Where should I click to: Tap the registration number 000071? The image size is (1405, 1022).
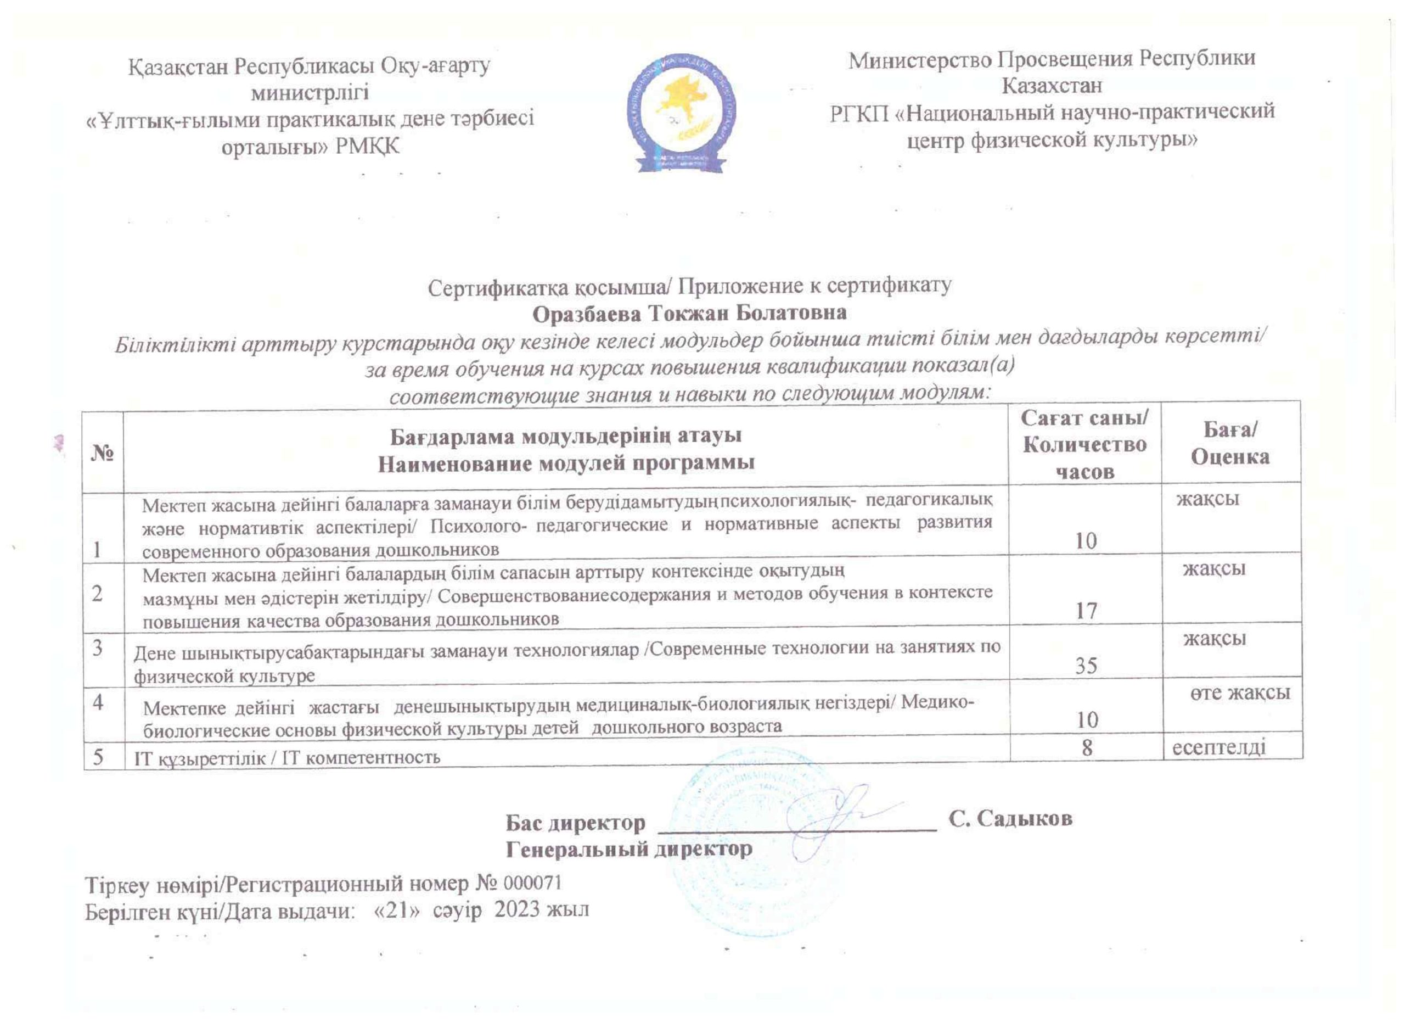533,882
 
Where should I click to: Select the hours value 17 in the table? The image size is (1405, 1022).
1086,612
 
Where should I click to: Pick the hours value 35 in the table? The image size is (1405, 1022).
1086,666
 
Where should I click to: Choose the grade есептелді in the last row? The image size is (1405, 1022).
1218,747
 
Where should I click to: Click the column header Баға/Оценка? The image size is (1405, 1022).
1230,443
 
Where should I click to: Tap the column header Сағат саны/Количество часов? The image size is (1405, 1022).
1084,444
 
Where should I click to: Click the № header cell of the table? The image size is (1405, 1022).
103,454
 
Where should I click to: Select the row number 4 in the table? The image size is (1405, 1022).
98,703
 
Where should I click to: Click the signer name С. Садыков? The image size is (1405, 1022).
1010,819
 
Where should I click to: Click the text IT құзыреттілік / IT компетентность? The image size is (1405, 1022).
287,757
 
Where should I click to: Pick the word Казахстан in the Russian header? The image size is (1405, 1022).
1051,85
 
